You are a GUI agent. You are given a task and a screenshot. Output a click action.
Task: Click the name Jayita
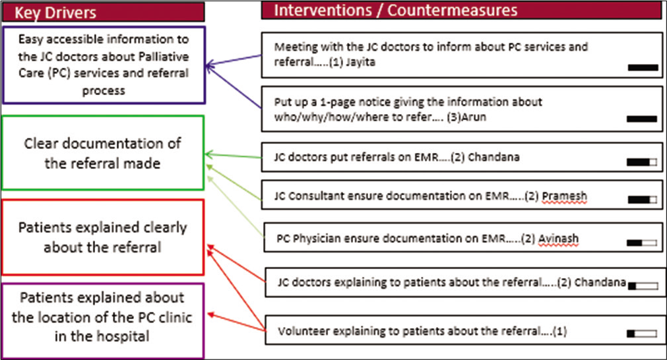coord(360,62)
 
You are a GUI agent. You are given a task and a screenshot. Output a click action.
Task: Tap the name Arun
coord(474,117)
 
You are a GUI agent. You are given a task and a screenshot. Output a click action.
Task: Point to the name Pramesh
coord(565,196)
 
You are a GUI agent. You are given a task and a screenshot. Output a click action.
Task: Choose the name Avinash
coord(559,239)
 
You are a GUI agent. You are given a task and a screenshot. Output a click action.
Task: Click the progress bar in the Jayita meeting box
coord(643,67)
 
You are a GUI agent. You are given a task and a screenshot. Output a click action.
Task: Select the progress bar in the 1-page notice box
coord(642,119)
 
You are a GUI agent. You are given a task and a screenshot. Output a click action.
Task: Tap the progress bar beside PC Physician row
coord(641,243)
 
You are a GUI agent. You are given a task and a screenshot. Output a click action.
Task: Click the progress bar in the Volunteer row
coord(641,334)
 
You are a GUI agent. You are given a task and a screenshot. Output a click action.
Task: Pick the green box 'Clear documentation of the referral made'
coord(103,153)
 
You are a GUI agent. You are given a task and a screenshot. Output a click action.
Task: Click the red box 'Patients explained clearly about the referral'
coord(103,237)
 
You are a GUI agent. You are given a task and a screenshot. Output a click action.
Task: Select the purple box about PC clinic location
coord(103,321)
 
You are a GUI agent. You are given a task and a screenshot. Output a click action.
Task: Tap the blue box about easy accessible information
coord(104,65)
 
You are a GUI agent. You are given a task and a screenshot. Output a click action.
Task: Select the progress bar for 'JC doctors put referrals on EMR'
coord(641,162)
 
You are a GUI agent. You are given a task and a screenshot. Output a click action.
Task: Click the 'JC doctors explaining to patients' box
coord(465,282)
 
